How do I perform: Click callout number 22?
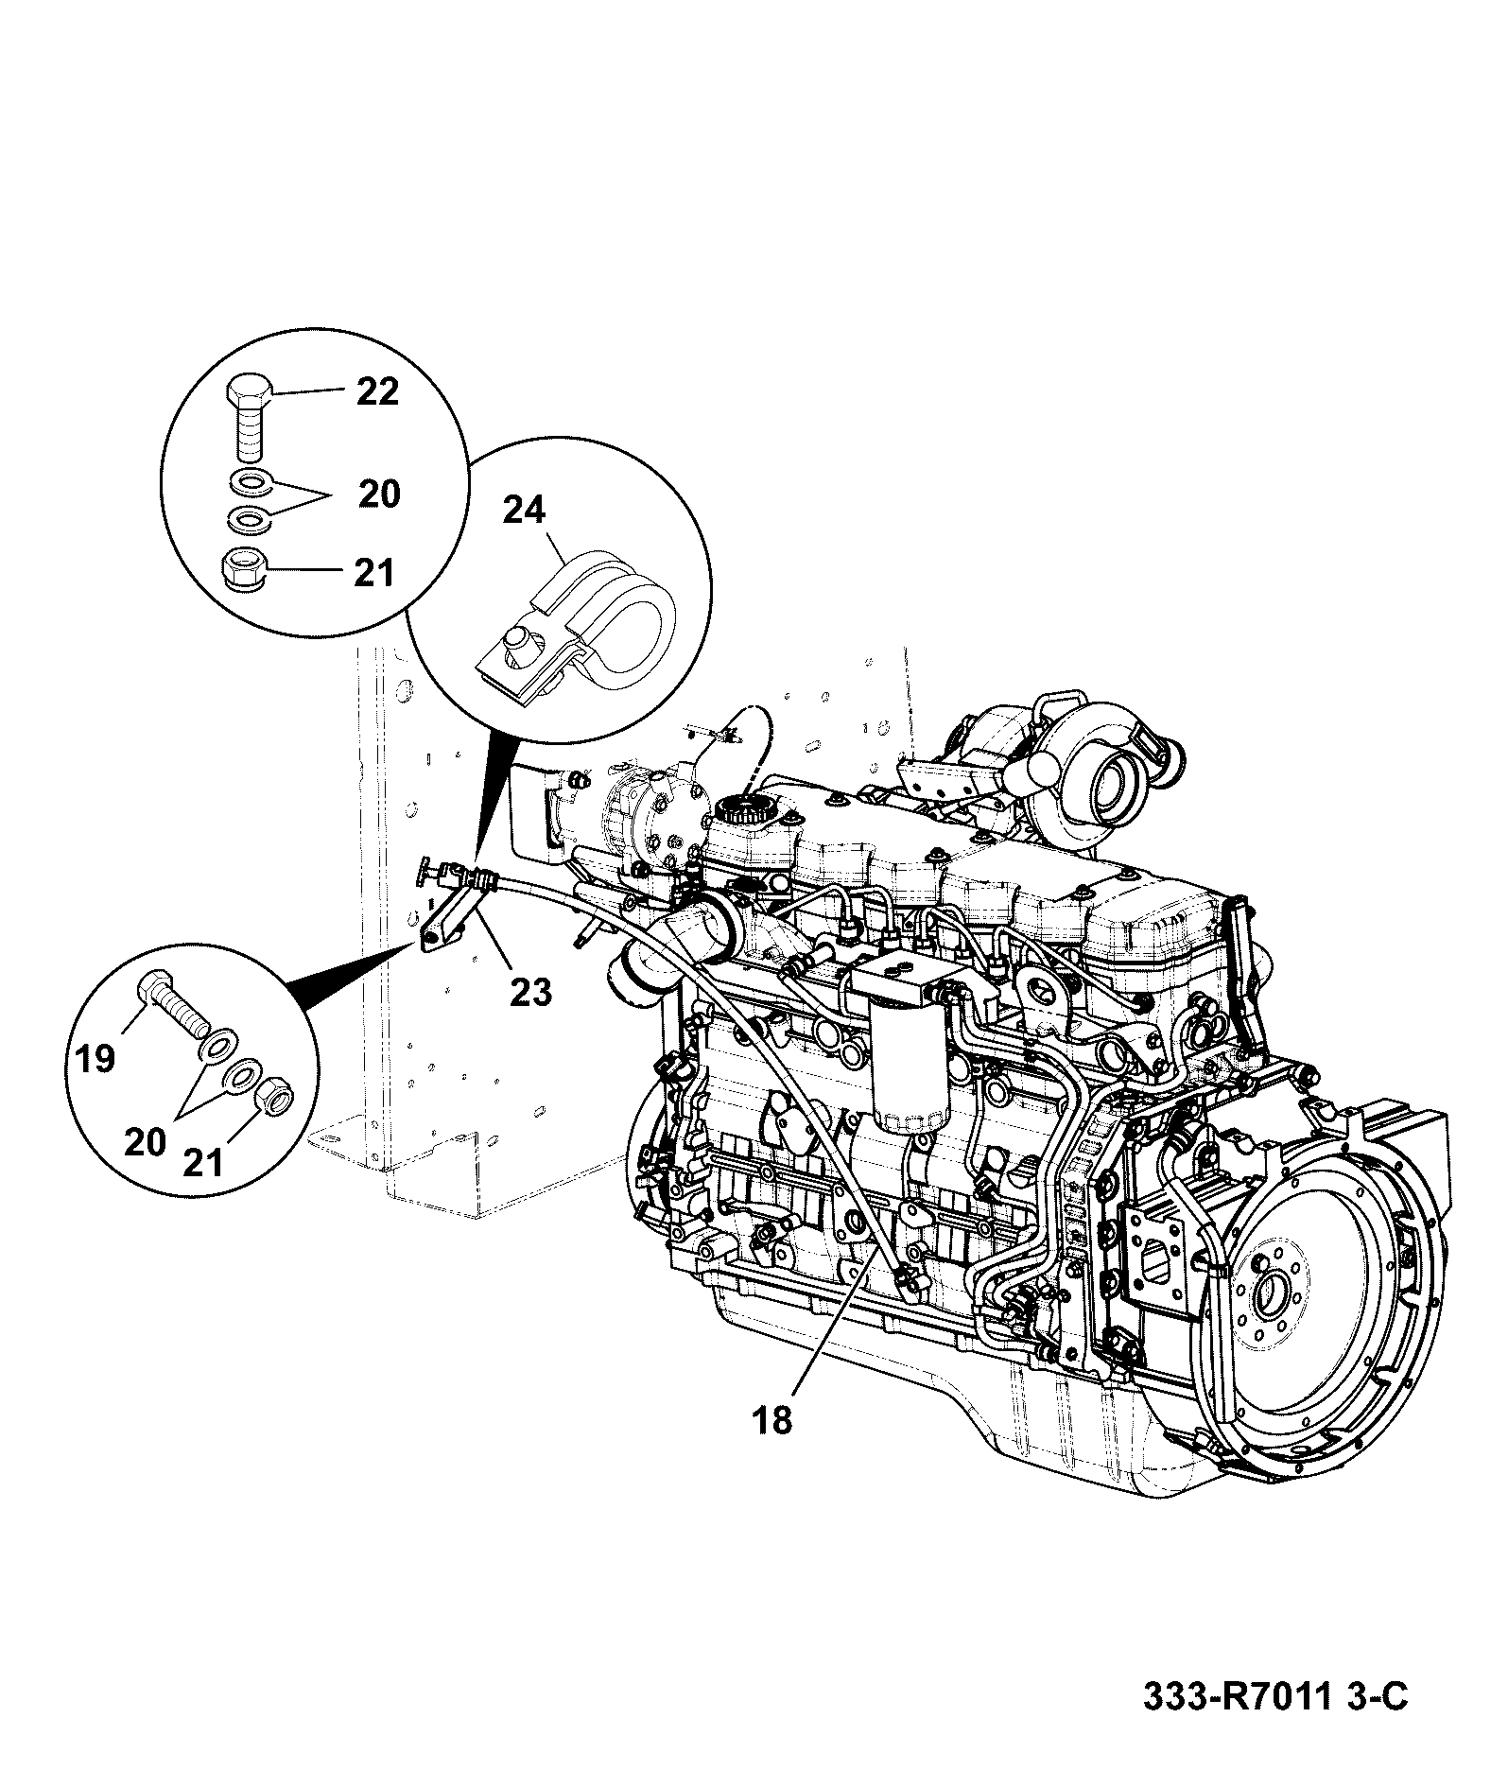(377, 391)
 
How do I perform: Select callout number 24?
(524, 511)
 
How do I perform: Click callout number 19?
(95, 1058)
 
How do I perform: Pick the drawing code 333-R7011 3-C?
(1275, 1723)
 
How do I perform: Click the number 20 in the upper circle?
(378, 494)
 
